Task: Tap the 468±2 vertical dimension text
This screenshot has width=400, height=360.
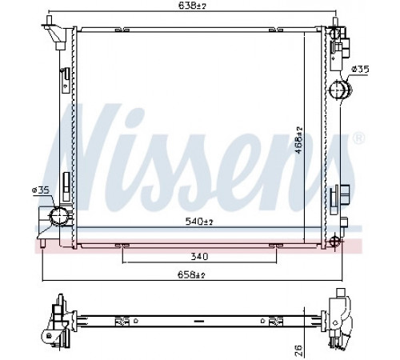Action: click(x=299, y=140)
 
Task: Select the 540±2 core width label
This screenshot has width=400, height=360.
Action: click(x=199, y=222)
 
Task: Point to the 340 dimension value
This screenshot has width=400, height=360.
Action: click(x=199, y=257)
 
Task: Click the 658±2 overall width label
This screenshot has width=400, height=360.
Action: click(x=191, y=275)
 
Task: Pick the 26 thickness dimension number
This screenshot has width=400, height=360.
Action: click(x=299, y=350)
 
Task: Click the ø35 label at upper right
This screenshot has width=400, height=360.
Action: click(x=360, y=70)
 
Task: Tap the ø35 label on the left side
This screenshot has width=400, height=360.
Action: click(x=41, y=190)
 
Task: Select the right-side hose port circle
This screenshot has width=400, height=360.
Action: click(x=338, y=90)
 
